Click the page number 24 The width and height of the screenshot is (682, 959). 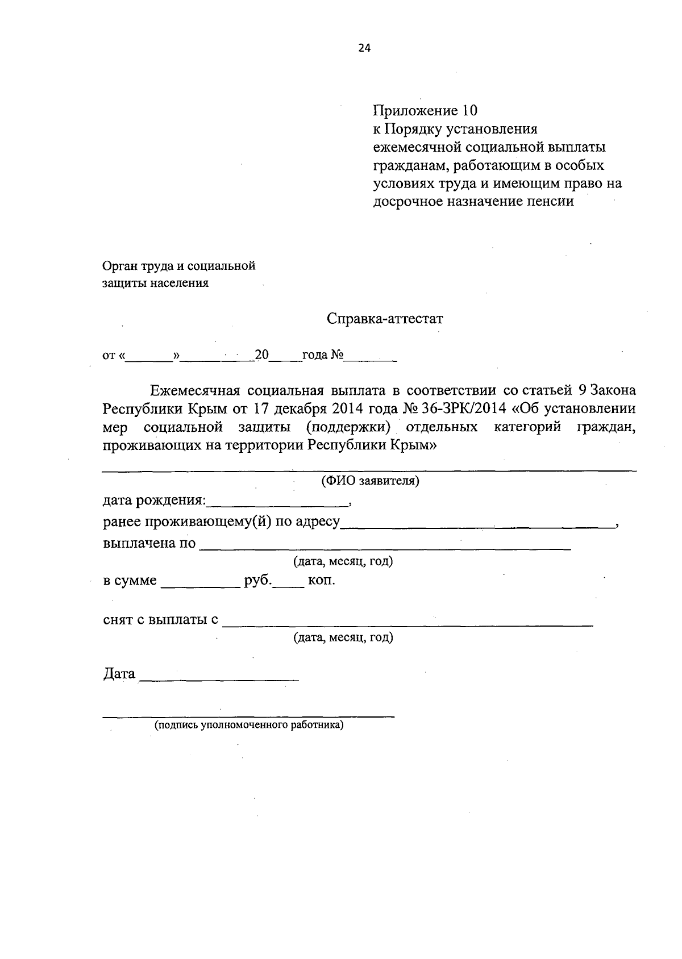coord(364,48)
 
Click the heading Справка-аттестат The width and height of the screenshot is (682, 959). coord(385,319)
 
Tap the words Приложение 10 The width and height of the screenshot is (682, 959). coord(425,110)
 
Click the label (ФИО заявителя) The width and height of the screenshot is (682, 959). coord(370,481)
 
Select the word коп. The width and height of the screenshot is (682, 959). coord(321,581)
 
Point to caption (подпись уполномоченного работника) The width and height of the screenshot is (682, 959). coord(249,725)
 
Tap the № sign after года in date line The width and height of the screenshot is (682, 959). coord(337,356)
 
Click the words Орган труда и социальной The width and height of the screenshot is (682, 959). coord(178,265)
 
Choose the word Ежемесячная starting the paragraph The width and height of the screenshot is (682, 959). coord(195,391)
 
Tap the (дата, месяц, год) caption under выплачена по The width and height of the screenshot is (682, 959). coord(343,561)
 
